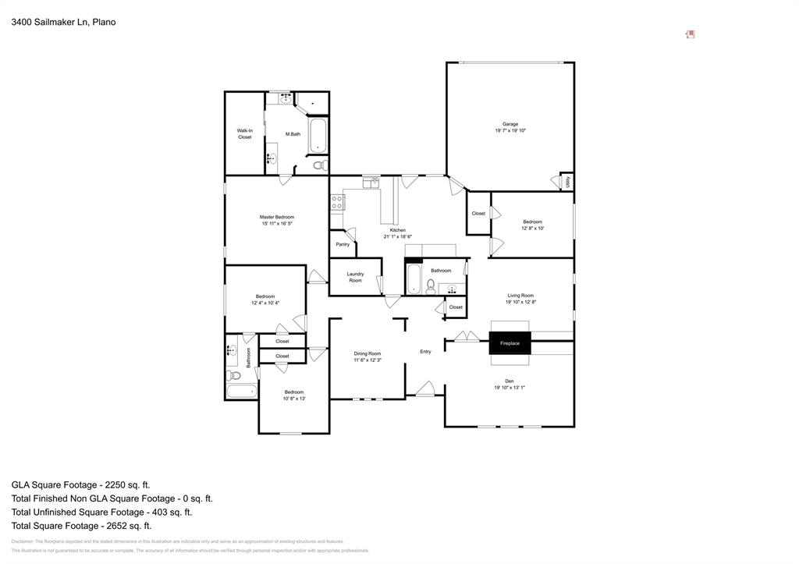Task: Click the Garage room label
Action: click(510, 124)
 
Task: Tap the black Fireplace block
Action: click(510, 343)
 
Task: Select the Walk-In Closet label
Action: click(245, 133)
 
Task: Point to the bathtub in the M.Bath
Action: click(318, 136)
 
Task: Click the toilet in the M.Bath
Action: click(318, 165)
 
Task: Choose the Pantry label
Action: click(343, 244)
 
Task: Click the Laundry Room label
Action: click(355, 277)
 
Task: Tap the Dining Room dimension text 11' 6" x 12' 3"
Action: click(368, 360)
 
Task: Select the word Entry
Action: click(425, 352)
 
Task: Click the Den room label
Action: click(510, 381)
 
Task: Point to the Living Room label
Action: click(520, 296)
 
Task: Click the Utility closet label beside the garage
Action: click(568, 181)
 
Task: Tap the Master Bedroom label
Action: click(277, 217)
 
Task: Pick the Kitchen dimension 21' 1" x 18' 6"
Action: click(398, 236)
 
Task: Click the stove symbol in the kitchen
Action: click(337, 203)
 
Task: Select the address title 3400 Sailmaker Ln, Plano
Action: click(63, 22)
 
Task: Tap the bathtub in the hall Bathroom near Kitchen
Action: click(414, 279)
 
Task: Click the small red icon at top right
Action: click(690, 34)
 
